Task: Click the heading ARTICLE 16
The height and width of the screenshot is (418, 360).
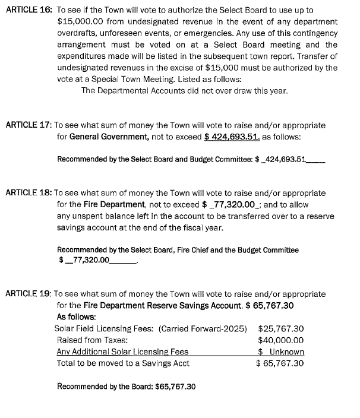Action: coord(27,11)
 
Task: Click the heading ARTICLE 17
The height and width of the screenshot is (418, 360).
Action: coord(27,125)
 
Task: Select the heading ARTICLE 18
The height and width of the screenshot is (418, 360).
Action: coord(27,193)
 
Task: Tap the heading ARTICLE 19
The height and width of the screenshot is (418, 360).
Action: coord(27,294)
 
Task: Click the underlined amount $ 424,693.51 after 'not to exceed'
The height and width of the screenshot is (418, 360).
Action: coord(232,137)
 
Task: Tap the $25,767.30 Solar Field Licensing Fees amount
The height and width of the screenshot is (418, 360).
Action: coord(281,328)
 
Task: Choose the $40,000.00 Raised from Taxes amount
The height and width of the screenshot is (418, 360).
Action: coord(281,340)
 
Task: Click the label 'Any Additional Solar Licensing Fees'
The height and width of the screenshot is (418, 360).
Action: coord(122,351)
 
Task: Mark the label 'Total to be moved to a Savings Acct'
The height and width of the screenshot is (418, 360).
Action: coord(123,363)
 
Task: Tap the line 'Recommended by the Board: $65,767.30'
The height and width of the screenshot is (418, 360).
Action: coord(126,387)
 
